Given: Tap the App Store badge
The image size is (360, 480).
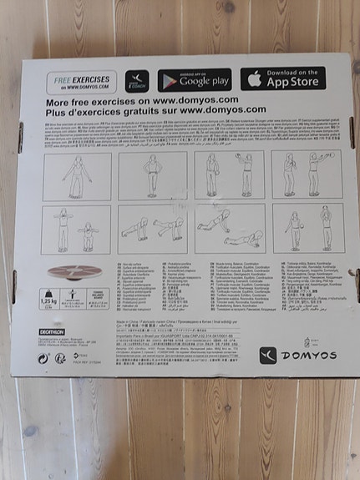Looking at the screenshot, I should pos(284,78).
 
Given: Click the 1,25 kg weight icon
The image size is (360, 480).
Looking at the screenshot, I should pos(48,296).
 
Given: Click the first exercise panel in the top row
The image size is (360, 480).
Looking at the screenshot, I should pos(78,176).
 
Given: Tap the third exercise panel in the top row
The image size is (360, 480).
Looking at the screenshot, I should pos(230,175).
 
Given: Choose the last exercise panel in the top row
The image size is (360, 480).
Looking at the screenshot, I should pos(305,174).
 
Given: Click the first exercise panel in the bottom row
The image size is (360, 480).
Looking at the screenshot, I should pos(78,230).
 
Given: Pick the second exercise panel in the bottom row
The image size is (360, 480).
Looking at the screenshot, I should pos(154,230).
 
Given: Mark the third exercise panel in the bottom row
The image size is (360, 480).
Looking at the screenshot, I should pos(231,229).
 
